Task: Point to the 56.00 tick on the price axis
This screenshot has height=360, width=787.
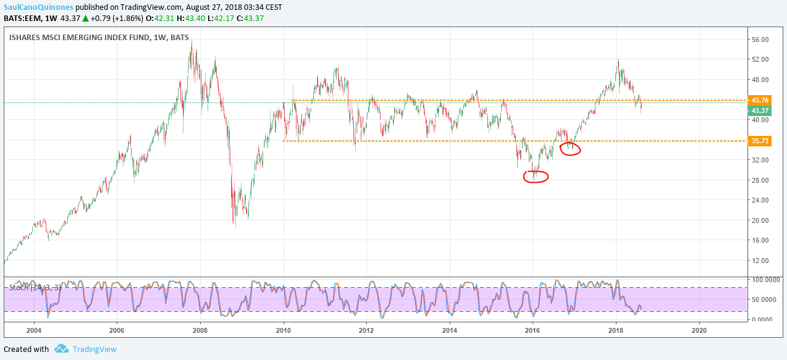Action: [760, 40]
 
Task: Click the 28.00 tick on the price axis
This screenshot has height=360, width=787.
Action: [760, 180]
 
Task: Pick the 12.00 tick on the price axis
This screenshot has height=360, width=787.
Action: [760, 261]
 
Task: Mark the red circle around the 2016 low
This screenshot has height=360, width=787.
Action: [536, 177]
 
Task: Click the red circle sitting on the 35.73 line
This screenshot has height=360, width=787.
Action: [570, 149]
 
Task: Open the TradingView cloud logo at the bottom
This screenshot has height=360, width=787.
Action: [61, 349]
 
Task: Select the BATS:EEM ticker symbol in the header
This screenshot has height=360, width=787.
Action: [22, 17]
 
